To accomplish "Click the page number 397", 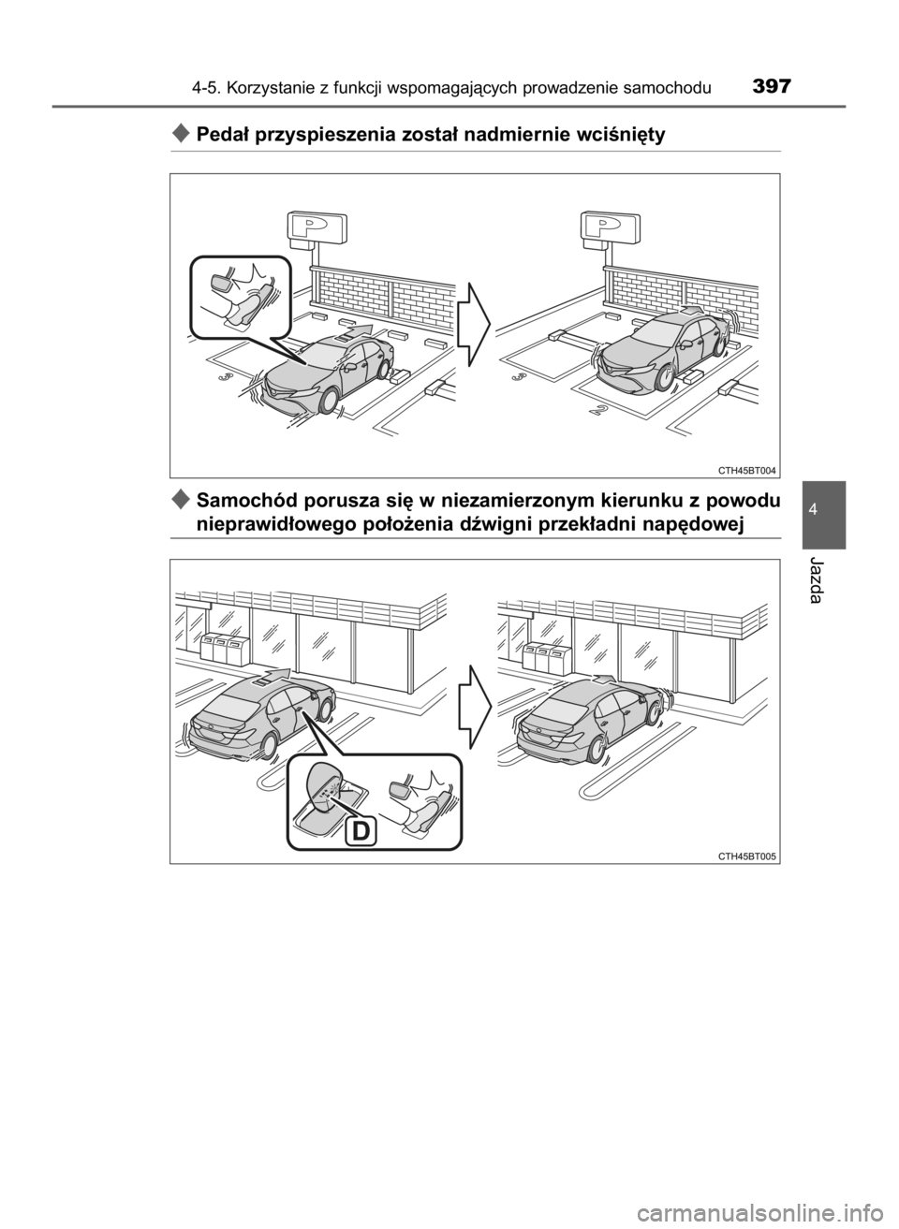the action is click(x=772, y=86).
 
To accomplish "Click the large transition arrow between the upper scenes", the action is click(x=473, y=325).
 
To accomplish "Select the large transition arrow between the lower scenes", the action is click(x=473, y=707).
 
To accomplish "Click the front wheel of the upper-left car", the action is click(x=326, y=401).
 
